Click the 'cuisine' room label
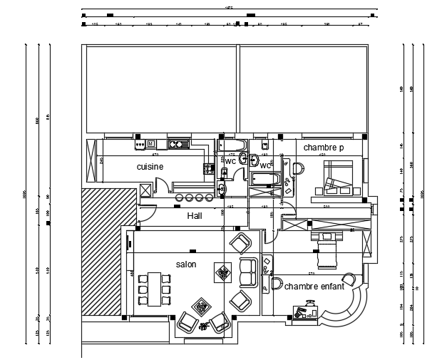(x=150, y=167)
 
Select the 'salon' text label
(x=186, y=264)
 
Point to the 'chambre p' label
(x=323, y=148)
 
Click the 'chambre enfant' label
(x=314, y=287)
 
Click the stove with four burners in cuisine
(x=209, y=169)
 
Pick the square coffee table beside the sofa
(x=223, y=272)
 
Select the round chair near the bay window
(x=349, y=279)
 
